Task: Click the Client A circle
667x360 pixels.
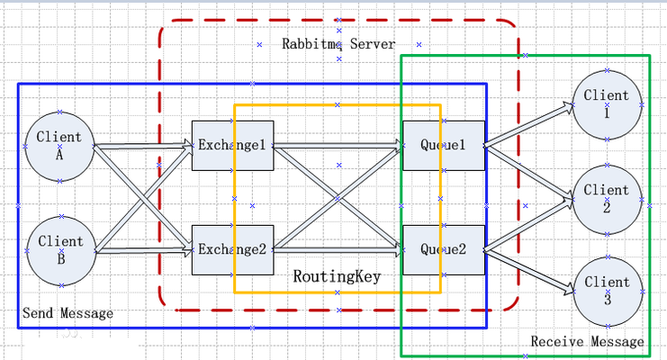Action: [59, 146]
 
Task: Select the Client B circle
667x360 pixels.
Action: [59, 249]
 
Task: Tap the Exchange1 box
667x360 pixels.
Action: [232, 145]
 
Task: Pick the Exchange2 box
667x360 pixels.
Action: [232, 248]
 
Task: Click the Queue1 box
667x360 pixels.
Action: [443, 145]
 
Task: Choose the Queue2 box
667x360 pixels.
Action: [443, 248]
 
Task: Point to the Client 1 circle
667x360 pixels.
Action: [607, 104]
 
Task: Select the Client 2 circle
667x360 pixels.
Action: [607, 199]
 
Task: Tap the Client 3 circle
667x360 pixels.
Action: [607, 291]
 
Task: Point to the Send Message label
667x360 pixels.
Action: [68, 313]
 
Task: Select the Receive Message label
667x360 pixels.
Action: [587, 341]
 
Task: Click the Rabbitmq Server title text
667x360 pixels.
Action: [338, 43]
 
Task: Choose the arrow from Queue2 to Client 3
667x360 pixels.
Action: [529, 270]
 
